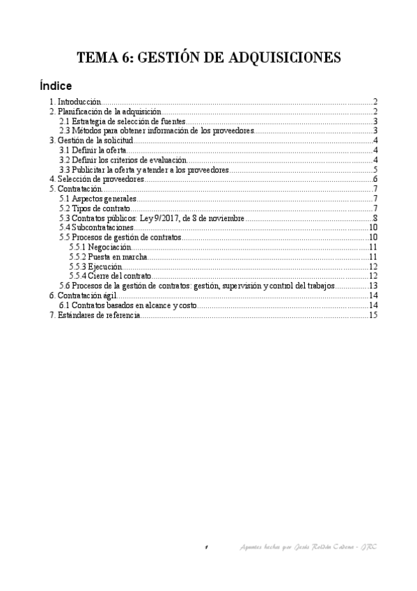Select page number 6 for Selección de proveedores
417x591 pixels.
(x=375, y=179)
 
